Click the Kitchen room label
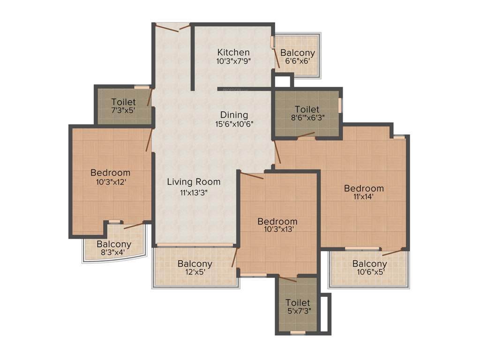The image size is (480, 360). (x=233, y=52)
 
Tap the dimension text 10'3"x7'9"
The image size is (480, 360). (x=233, y=61)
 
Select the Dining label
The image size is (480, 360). (x=234, y=115)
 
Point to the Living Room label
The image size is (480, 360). (x=194, y=182)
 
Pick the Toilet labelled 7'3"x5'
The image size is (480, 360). (x=124, y=102)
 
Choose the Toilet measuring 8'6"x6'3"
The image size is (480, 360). (x=307, y=110)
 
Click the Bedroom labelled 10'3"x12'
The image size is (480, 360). (x=110, y=172)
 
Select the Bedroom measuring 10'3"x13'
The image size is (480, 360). (x=277, y=221)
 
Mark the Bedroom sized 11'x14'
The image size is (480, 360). (x=364, y=188)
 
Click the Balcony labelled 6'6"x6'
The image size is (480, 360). (x=298, y=53)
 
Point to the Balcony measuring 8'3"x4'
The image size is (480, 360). (x=114, y=244)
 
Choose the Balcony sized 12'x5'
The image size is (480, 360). (x=195, y=264)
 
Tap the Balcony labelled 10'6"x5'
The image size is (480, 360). (x=370, y=263)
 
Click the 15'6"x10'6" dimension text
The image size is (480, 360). (x=234, y=124)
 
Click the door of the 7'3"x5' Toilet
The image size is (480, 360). (x=150, y=97)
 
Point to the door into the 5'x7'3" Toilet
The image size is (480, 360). (x=287, y=279)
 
